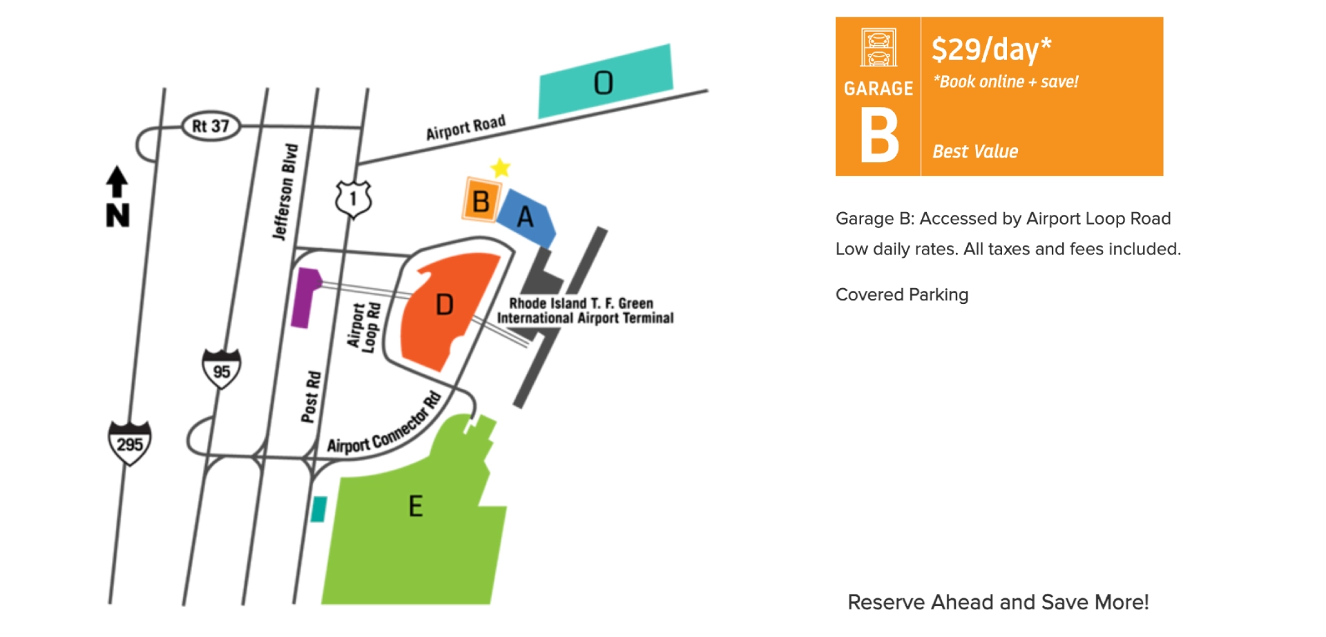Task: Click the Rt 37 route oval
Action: (x=211, y=126)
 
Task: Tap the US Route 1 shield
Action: (x=354, y=199)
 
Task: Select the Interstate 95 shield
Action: (x=221, y=369)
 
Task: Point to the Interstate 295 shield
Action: (x=130, y=443)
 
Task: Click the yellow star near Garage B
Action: (x=501, y=168)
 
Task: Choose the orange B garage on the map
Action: (x=481, y=200)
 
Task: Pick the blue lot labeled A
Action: (x=526, y=217)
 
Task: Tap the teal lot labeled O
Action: (x=605, y=82)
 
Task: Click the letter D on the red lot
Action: (x=445, y=305)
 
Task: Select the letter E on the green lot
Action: (x=416, y=506)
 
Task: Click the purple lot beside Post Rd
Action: (x=305, y=298)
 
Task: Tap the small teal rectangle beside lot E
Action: (x=318, y=509)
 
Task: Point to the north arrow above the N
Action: (x=117, y=182)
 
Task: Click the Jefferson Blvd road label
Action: (x=285, y=192)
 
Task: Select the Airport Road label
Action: (x=465, y=128)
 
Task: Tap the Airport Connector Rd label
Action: (x=384, y=425)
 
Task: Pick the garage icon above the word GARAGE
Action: (x=878, y=48)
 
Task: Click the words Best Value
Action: (x=975, y=151)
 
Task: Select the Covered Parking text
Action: (x=902, y=295)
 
